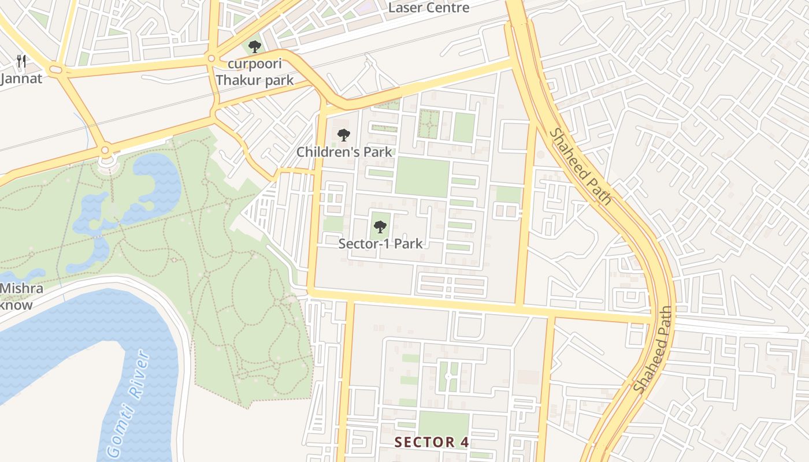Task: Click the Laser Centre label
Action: point(428,8)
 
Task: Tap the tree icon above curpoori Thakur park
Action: point(254,47)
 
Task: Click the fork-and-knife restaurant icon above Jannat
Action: point(21,61)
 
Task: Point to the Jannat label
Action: point(21,79)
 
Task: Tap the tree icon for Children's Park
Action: point(344,135)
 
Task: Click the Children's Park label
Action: point(344,152)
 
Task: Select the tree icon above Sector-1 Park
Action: point(380,226)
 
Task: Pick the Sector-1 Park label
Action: point(380,243)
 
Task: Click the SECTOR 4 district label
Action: point(432,442)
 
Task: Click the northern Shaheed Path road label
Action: point(580,166)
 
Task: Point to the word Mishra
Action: point(21,288)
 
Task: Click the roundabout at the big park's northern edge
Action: point(105,151)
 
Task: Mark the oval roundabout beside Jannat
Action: point(56,70)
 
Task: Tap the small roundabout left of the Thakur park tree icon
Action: point(211,58)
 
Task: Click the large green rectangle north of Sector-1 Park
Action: point(422,177)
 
